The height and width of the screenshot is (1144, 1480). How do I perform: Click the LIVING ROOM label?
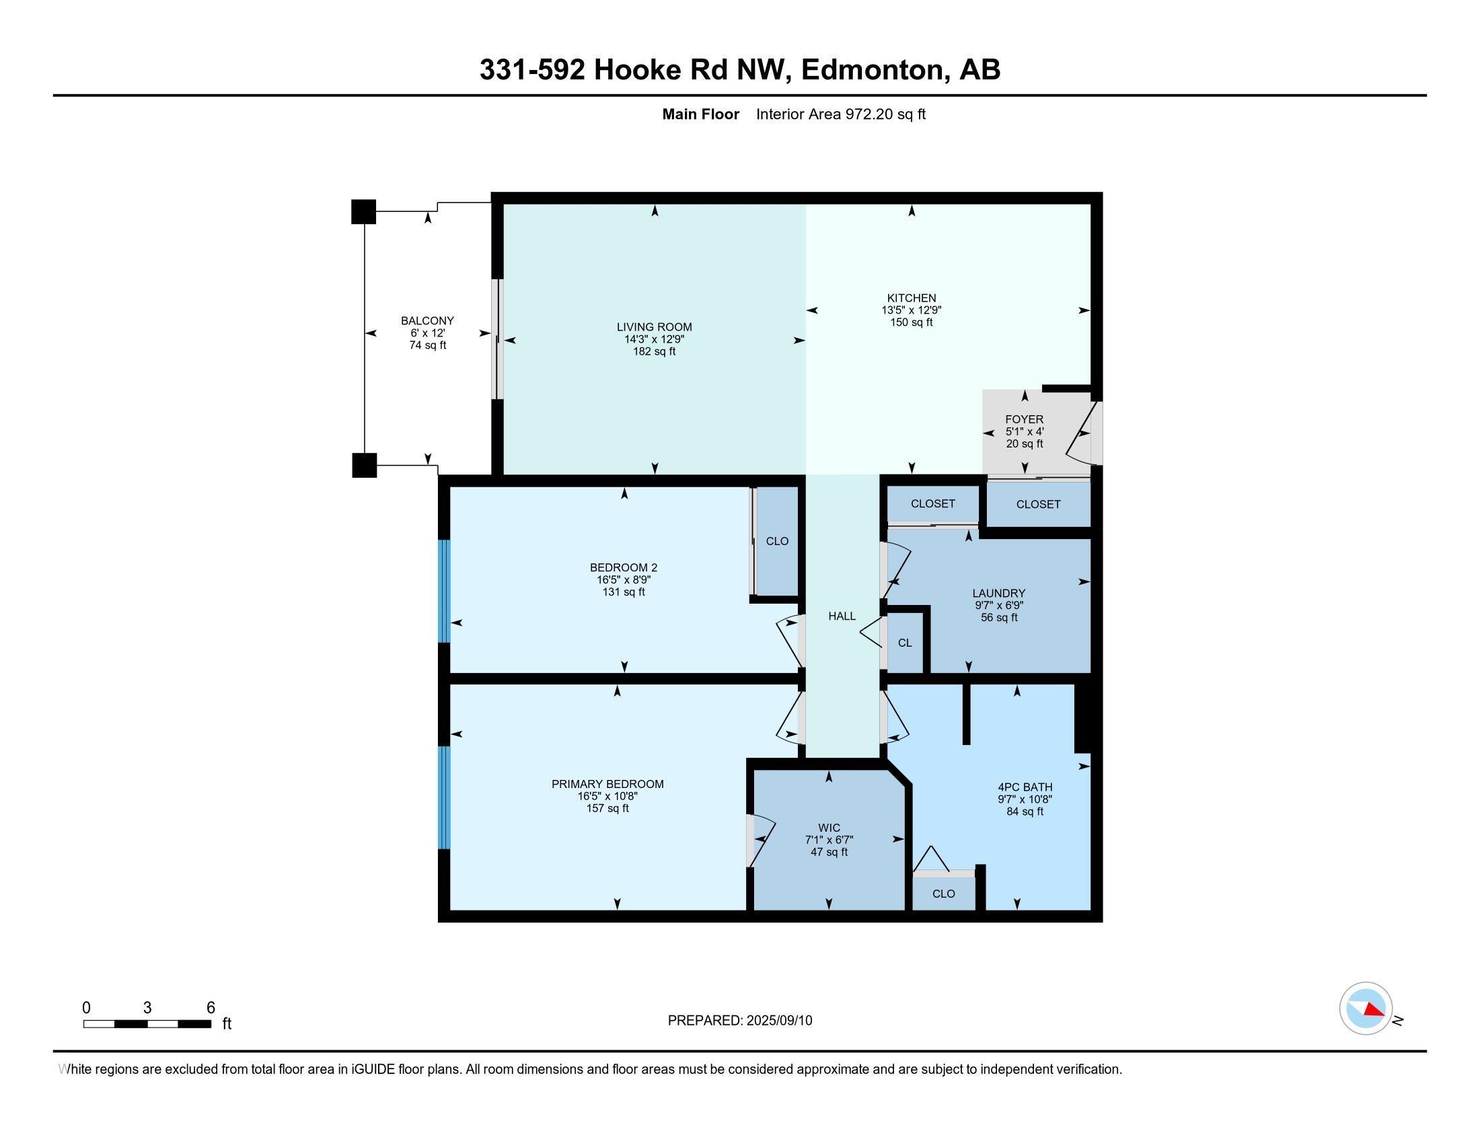[x=654, y=326]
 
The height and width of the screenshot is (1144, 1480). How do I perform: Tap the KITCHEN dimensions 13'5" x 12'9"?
[x=911, y=310]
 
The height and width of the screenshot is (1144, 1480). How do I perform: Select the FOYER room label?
[x=1024, y=419]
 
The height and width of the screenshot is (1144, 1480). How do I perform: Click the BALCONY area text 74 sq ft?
[x=428, y=345]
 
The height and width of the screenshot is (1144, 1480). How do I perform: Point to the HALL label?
[x=842, y=616]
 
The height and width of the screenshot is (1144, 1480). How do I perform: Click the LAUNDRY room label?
[x=999, y=593]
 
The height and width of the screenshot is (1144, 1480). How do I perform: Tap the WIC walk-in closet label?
[x=829, y=828]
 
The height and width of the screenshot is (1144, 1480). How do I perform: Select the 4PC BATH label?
[x=1025, y=787]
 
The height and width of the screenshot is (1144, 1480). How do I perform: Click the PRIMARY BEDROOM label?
[x=607, y=784]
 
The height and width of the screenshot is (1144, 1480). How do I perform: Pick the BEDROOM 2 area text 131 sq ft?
[x=624, y=592]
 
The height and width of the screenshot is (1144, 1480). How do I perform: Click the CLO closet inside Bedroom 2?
[x=776, y=541]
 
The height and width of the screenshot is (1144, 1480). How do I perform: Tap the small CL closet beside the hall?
[x=905, y=643]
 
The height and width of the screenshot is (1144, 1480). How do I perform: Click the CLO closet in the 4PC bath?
[x=943, y=893]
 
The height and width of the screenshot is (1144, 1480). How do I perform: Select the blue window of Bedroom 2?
[x=444, y=590]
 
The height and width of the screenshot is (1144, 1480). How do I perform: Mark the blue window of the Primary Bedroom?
[x=444, y=797]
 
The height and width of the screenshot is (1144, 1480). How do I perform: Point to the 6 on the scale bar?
[x=211, y=1007]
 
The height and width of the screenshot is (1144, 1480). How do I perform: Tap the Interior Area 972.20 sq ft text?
[x=840, y=114]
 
